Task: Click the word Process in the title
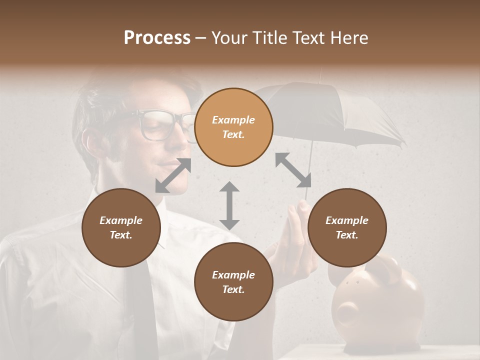(157, 38)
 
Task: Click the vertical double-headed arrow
(229, 205)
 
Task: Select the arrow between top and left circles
(173, 175)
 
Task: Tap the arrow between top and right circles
(293, 169)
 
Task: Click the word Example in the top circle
(233, 120)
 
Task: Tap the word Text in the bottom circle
(233, 289)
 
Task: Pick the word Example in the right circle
(347, 220)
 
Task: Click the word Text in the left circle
(120, 235)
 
